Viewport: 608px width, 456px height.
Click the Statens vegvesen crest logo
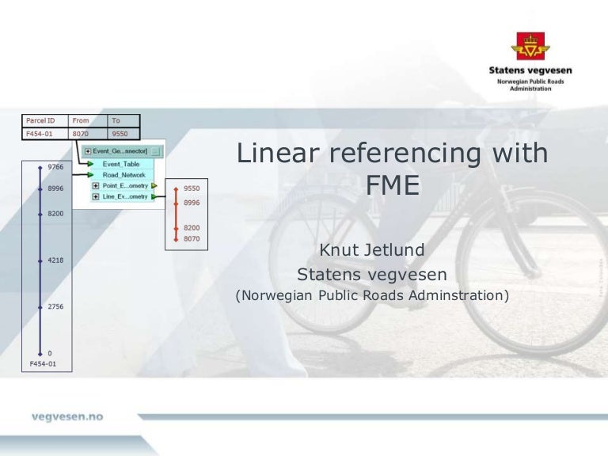tap(530, 46)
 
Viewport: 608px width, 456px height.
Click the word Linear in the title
tap(275, 153)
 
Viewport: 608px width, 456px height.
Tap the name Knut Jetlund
tap(371, 250)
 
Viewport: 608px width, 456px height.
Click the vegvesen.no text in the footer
tap(67, 416)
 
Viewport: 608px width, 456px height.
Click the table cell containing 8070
tap(81, 135)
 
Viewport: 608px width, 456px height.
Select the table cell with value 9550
tap(120, 135)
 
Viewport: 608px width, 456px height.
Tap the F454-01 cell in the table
tap(40, 135)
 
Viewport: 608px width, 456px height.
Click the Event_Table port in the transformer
tap(120, 164)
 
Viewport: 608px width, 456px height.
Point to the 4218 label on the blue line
tap(56, 260)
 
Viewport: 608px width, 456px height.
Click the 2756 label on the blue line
tap(56, 306)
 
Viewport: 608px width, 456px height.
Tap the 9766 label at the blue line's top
tap(56, 167)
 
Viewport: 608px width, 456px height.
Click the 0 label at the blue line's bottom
tap(51, 353)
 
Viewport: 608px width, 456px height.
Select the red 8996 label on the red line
tap(192, 203)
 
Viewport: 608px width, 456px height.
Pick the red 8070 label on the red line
tap(192, 238)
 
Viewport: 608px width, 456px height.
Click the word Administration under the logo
tap(530, 89)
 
